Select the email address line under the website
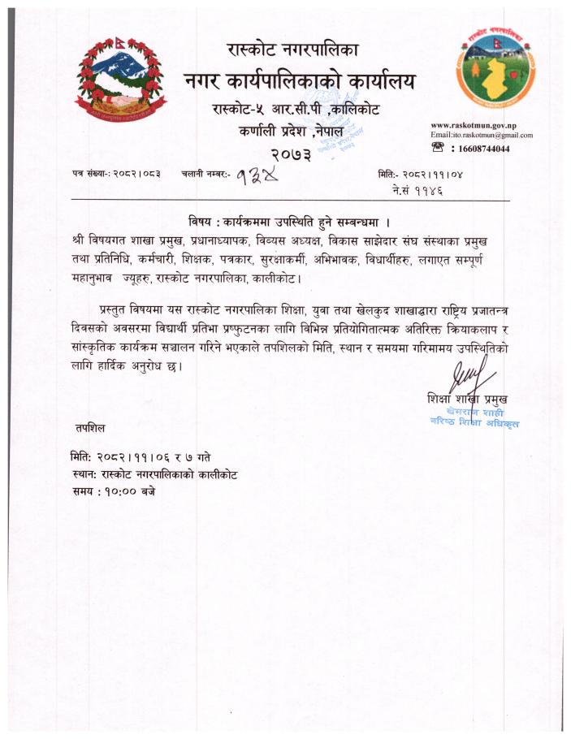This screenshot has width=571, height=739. click(x=482, y=135)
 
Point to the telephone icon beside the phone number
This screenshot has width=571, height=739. click(x=439, y=148)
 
